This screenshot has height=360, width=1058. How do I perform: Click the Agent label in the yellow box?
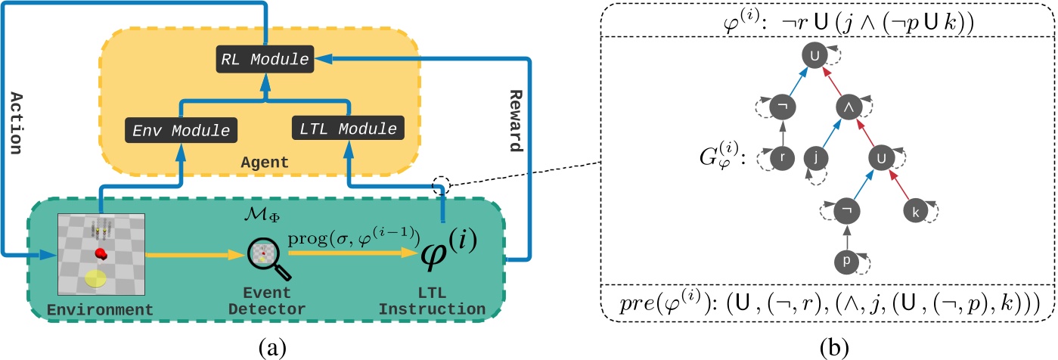281,162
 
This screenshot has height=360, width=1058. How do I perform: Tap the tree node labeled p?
847,261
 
